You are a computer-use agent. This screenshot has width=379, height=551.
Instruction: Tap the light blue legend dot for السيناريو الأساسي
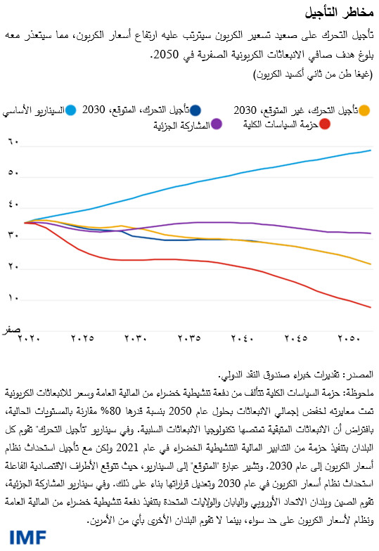pos(70,110)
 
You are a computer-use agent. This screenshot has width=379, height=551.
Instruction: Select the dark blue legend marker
pos(195,110)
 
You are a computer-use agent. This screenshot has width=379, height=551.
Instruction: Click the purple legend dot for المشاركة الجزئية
pos(217,124)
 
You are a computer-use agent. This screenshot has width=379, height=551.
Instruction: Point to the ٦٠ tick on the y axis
pos(12,143)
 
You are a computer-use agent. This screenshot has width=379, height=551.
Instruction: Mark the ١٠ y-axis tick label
pos(12,299)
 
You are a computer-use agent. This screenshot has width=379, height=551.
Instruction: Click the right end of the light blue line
pos(371,150)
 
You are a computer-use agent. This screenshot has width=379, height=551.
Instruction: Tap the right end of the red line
pos(371,307)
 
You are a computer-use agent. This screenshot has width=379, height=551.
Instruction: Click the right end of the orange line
pos(371,264)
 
